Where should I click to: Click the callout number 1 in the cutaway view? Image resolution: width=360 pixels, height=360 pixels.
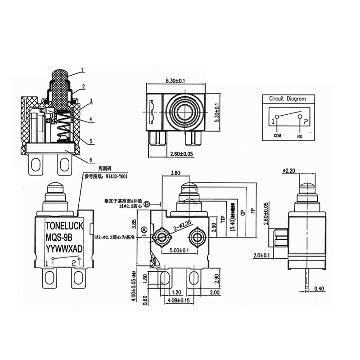coord(83,70)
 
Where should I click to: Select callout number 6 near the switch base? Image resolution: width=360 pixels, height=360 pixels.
coord(91,160)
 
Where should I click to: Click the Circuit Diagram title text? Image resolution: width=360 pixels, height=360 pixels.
coord(287,99)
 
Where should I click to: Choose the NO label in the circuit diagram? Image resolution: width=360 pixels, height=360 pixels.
coord(300,135)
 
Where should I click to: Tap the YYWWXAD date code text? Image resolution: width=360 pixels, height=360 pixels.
coord(63,248)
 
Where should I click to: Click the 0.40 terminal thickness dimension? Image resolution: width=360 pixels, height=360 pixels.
coord(319,288)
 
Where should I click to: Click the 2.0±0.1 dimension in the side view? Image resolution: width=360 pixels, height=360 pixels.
coord(261,255)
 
